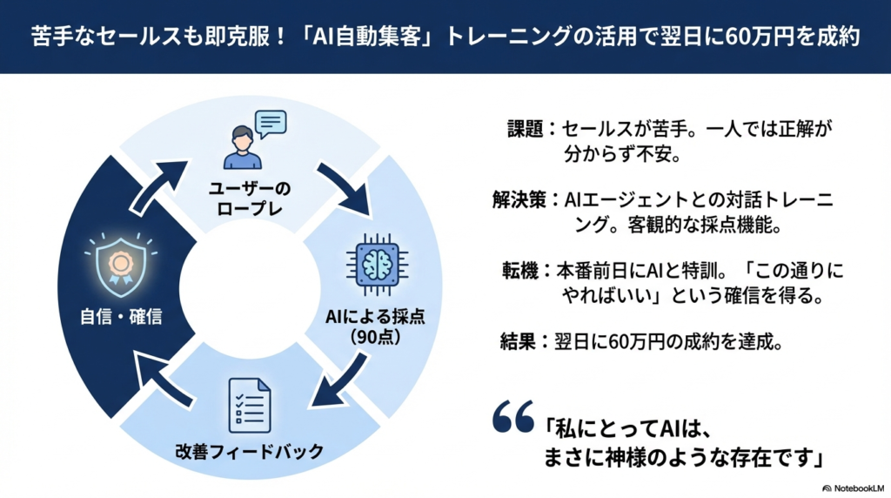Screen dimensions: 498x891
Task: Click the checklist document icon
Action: coord(249,404)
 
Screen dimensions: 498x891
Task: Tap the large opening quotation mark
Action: coord(512,417)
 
